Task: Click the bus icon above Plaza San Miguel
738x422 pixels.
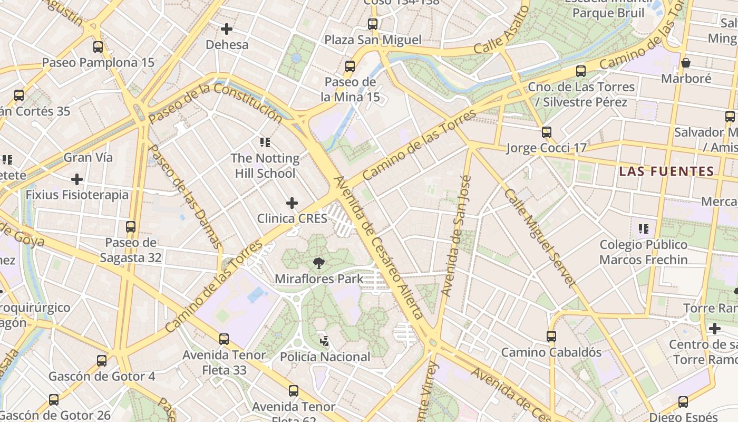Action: pyautogui.click(x=373, y=24)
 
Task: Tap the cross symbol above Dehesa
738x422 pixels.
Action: pyautogui.click(x=227, y=29)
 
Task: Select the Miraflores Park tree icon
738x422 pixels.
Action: pyautogui.click(x=318, y=263)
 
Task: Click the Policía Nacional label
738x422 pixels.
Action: pyautogui.click(x=325, y=357)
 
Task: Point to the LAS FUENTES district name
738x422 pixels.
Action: pyautogui.click(x=666, y=171)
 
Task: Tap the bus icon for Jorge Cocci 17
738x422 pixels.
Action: pyautogui.click(x=547, y=132)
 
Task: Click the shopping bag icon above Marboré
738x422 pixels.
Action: pyautogui.click(x=686, y=63)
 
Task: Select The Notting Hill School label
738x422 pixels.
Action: pyautogui.click(x=265, y=166)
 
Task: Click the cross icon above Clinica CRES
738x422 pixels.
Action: pyautogui.click(x=292, y=203)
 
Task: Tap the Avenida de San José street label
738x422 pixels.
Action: pyautogui.click(x=456, y=235)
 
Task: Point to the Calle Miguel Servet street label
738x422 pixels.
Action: pyautogui.click(x=538, y=237)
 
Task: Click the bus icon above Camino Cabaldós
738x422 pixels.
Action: pyautogui.click(x=551, y=336)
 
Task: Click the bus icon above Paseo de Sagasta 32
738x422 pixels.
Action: pyautogui.click(x=130, y=227)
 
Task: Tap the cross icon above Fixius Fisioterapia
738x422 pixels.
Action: pyautogui.click(x=77, y=179)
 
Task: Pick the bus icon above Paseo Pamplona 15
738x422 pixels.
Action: pyautogui.click(x=98, y=46)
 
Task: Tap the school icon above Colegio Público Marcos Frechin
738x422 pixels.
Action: pyautogui.click(x=643, y=229)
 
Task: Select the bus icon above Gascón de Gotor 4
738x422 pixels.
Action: pyautogui.click(x=102, y=361)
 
